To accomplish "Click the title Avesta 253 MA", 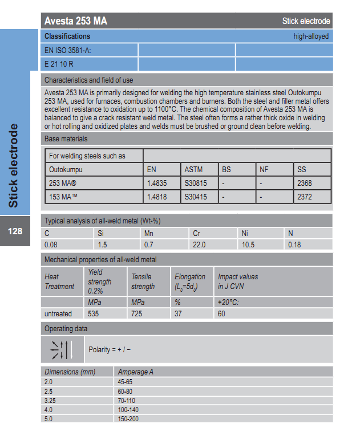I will (76, 22).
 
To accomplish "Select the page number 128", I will (15, 231).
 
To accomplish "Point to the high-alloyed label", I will (311, 36).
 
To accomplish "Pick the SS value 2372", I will (305, 197).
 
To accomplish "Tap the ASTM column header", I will (193, 169).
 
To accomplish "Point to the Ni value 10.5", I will (248, 245).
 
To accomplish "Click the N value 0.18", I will (294, 245).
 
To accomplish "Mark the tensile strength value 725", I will (137, 313).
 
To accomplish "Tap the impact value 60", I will (221, 313).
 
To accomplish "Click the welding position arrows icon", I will (62, 349).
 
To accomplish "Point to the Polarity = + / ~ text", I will (110, 349).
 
